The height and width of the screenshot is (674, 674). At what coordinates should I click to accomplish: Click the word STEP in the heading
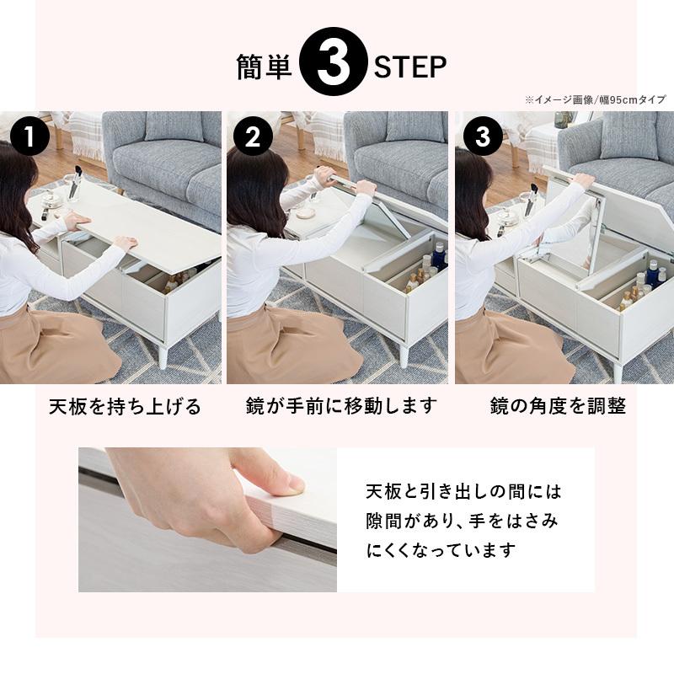coord(410,68)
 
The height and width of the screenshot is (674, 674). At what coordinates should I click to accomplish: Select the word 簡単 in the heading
coord(264,68)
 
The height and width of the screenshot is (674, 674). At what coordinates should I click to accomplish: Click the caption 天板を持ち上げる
coord(125,408)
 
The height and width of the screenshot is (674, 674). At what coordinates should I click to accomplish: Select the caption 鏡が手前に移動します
coord(342,407)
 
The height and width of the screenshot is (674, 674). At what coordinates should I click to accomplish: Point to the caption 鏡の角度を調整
coord(559,407)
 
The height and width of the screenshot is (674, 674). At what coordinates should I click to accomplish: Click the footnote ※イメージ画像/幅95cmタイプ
coord(595,99)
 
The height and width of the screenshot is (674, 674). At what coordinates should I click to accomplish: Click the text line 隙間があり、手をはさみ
coord(461,521)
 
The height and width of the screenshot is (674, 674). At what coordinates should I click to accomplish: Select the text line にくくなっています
coord(441,551)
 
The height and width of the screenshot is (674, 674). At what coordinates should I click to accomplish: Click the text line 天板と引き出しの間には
coord(463,490)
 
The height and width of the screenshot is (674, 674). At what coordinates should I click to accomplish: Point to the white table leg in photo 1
coord(163,355)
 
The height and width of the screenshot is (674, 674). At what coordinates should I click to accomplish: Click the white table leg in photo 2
coord(404,355)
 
